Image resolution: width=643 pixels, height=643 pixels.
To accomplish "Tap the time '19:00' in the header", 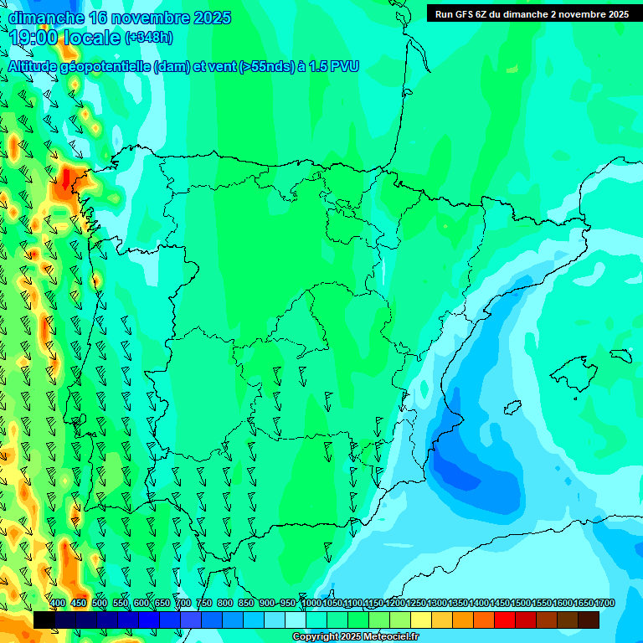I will [x=33, y=38].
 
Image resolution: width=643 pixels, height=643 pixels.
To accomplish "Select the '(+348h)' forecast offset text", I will [x=148, y=38].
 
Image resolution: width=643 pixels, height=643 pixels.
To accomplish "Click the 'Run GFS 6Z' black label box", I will [x=532, y=14].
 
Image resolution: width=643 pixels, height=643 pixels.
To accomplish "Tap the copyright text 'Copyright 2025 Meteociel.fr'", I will [x=355, y=637].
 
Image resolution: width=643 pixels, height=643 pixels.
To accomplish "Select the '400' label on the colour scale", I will [x=58, y=604].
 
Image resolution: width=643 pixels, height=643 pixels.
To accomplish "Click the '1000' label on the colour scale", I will [x=311, y=604].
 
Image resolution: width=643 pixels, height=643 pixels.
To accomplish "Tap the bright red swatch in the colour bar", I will [x=505, y=620].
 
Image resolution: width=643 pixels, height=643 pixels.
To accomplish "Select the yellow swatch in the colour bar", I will [x=421, y=620].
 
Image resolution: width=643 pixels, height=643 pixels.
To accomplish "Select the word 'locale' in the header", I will [x=91, y=38].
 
